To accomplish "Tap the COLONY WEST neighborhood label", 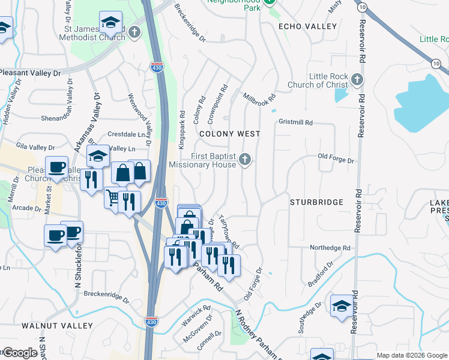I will tap(230, 134).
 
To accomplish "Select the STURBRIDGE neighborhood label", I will tap(316, 202).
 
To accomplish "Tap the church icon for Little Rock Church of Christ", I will tap(357, 79).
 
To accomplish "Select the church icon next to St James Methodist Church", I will tap(134, 32).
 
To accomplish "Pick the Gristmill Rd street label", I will tap(295, 122).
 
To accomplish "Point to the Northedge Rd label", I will tap(330, 248).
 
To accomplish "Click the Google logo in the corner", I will tap(19, 353).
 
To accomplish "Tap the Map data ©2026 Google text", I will tap(412, 355).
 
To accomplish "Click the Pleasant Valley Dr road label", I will tap(30, 73).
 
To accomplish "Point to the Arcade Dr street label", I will tap(26, 208).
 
